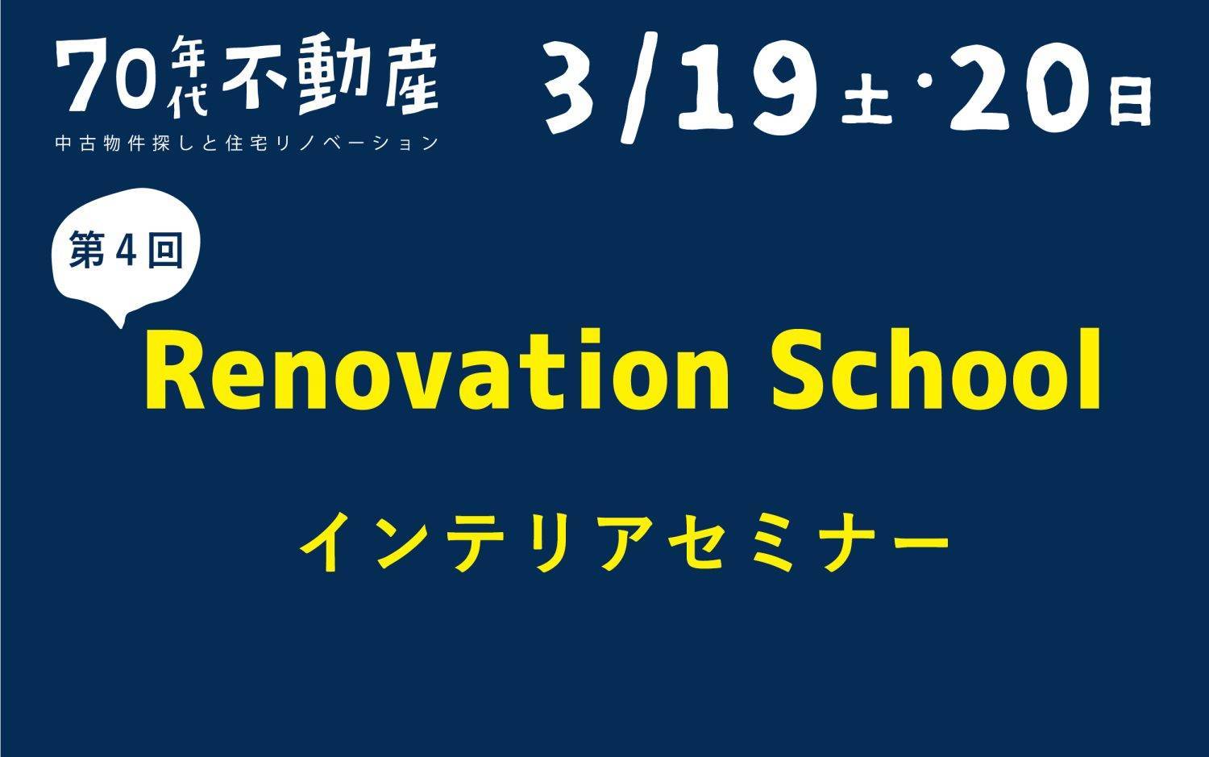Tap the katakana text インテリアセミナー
pos(625,542)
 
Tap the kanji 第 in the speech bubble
pos(86,249)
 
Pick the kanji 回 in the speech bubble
pos(166,250)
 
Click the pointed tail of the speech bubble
pos(120,325)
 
